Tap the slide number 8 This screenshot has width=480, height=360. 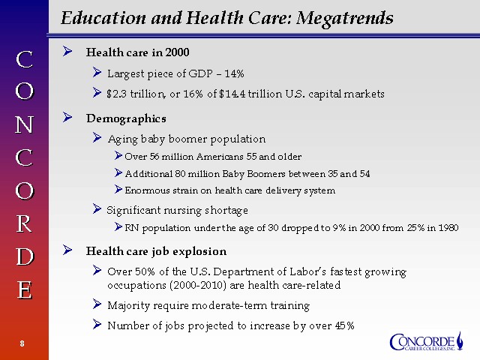point(23,343)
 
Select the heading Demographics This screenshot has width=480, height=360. point(126,118)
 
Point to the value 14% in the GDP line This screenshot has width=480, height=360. point(234,73)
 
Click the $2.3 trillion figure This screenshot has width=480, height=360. point(130,94)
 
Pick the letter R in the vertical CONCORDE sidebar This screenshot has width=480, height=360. point(24,223)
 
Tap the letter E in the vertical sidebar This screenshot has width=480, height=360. point(24,289)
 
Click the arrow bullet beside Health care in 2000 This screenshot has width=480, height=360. point(67,52)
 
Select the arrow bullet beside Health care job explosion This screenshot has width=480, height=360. point(67,250)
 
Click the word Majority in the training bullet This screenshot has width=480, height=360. point(129,305)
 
